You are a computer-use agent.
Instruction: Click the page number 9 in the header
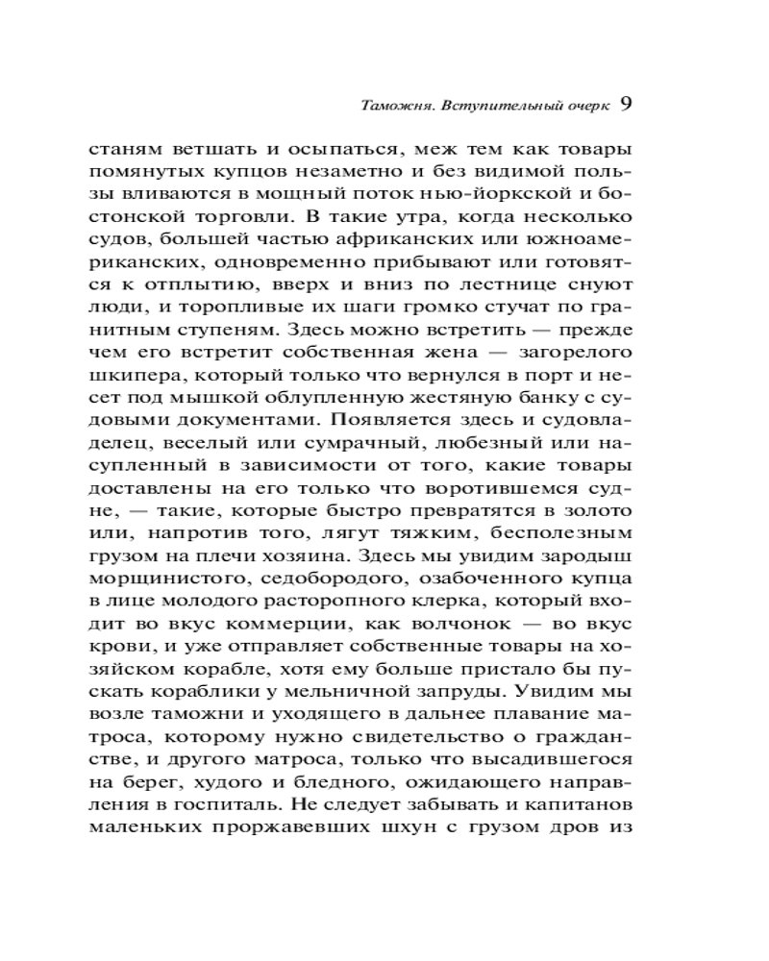[x=625, y=104]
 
